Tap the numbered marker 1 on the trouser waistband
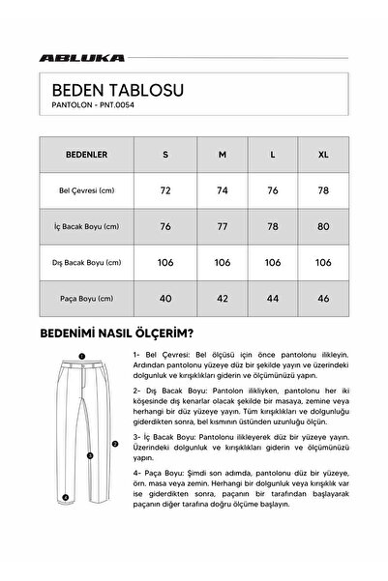tap(83, 356)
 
